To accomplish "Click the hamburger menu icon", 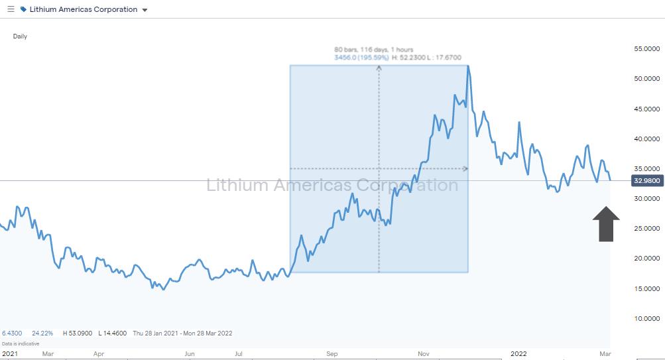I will click(11, 9).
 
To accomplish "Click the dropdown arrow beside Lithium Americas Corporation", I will click(145, 10).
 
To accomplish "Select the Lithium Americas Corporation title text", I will click(83, 9).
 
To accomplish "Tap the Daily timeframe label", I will click(20, 36).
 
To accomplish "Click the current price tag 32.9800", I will click(647, 180).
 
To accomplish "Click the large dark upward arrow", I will click(605, 223).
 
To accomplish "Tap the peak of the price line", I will click(468, 66).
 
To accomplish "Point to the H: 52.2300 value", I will click(409, 58).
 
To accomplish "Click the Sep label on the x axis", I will click(332, 354).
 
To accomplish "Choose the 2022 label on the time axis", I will click(519, 354).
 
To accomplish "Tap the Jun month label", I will click(190, 354).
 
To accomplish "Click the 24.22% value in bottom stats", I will click(42, 333).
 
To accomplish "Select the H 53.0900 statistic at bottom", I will click(78, 333).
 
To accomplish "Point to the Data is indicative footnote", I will click(21, 343).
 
